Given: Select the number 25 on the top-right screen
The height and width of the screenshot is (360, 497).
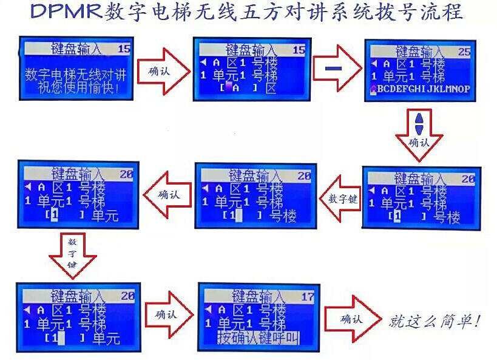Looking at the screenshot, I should click(x=464, y=52).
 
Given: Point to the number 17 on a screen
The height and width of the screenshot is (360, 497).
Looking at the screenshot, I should click(x=308, y=297).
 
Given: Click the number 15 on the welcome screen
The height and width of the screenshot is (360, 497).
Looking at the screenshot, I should click(x=124, y=49).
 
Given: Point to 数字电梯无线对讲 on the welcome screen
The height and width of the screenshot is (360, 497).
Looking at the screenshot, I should click(x=76, y=75).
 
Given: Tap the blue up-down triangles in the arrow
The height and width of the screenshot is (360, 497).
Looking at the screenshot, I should click(x=419, y=125).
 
